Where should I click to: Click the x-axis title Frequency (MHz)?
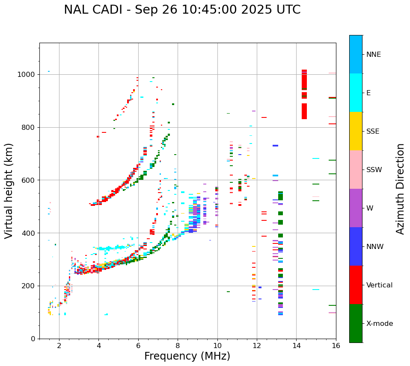(x=187, y=356)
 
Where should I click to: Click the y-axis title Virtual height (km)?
(x=9, y=190)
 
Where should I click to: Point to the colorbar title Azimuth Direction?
(x=400, y=188)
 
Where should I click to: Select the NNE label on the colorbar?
(x=373, y=55)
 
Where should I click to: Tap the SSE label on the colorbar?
(x=372, y=132)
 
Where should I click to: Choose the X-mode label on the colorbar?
(x=379, y=324)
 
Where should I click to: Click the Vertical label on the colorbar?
(x=379, y=285)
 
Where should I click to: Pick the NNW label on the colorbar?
(x=374, y=247)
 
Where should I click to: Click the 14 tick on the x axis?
(x=296, y=346)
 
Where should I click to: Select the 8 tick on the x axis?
(x=178, y=346)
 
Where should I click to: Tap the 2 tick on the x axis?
(x=59, y=346)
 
